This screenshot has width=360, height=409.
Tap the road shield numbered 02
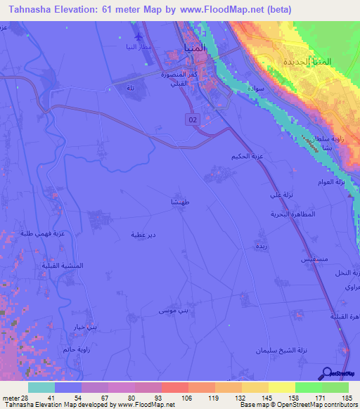pyautogui.click(x=193, y=120)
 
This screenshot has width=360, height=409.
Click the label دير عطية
pyautogui.click(x=143, y=234)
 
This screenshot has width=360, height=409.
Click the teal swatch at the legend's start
pyautogui.click(x=41, y=387)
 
